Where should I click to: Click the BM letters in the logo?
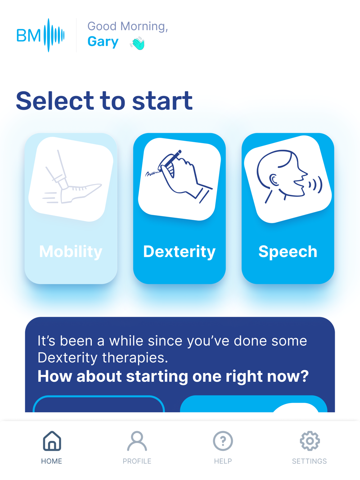28,35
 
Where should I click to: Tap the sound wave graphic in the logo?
54,35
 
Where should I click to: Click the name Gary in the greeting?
103,41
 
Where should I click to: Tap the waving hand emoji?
138,43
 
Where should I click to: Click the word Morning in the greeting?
144,26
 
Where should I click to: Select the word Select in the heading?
55,101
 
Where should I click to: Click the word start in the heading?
162,101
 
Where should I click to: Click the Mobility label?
71,252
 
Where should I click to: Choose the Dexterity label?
179,252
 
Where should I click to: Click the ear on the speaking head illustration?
274,180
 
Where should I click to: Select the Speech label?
288,252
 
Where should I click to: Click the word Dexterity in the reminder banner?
67,358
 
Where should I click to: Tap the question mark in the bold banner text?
304,376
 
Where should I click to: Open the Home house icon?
52,441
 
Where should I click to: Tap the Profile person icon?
137,441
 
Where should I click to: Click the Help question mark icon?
223,441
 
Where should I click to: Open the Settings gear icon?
310,441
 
